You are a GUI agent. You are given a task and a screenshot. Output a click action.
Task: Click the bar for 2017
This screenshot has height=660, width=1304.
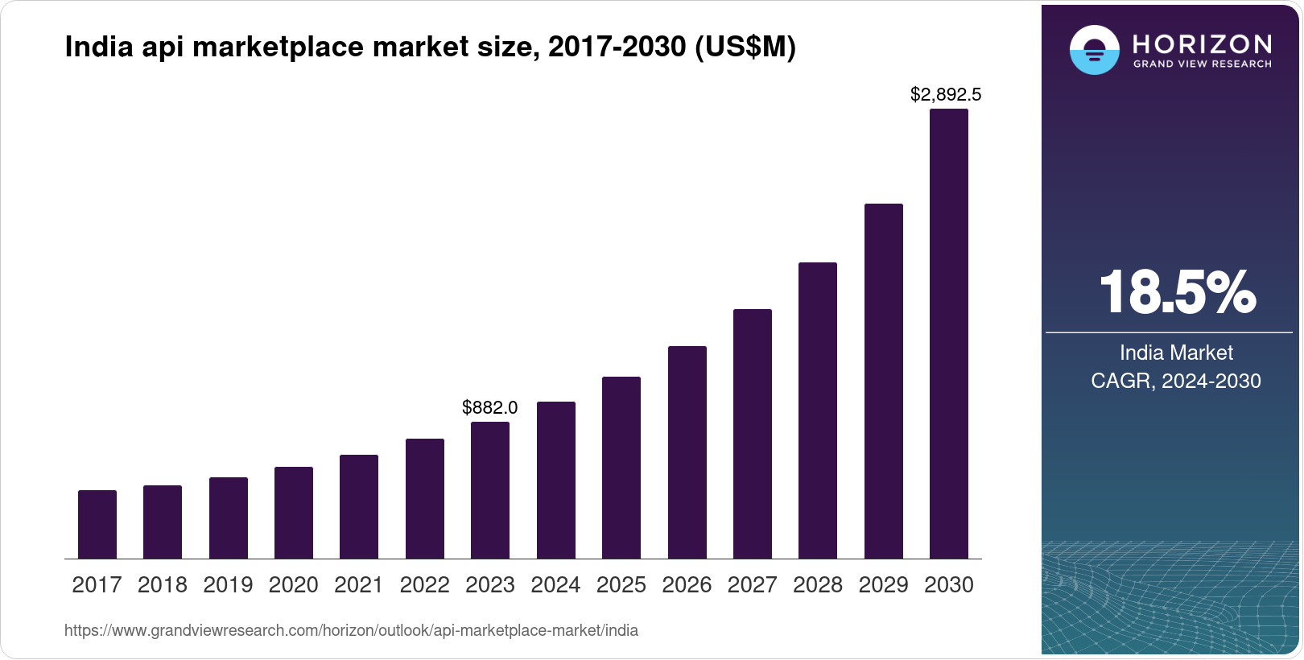[x=97, y=524]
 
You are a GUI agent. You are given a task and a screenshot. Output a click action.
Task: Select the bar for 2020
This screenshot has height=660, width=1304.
[x=294, y=513]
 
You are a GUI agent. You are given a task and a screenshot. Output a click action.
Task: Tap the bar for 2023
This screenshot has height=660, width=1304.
[x=490, y=490]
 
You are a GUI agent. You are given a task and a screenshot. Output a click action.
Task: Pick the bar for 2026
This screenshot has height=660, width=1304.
[x=687, y=452]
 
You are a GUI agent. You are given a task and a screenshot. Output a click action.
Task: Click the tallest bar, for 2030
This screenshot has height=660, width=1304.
[x=949, y=334]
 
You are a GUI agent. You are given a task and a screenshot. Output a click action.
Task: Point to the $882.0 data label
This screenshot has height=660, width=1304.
[x=489, y=407]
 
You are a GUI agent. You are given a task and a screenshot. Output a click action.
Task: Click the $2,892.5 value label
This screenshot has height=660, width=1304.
[x=946, y=95]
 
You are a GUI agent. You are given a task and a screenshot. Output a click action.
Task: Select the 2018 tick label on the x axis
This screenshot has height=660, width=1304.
[x=163, y=584]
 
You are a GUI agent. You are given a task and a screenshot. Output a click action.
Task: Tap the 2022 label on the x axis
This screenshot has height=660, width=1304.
[x=425, y=584]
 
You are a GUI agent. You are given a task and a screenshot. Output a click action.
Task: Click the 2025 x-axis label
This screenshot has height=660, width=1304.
[x=621, y=584]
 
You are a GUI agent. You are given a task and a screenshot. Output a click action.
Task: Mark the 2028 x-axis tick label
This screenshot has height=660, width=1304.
[x=818, y=584]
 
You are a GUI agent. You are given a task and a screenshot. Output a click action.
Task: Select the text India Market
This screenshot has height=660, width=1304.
[x=1176, y=353]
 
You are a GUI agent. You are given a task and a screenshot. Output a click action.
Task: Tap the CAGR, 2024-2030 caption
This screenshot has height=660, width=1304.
[x=1176, y=381]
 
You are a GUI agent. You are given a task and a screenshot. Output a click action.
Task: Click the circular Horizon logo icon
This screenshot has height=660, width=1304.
[x=1094, y=50]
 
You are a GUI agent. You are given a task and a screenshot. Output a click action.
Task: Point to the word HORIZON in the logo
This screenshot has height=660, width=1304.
[x=1203, y=43]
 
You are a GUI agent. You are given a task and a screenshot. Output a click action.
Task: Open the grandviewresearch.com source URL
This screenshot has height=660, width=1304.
[x=351, y=631]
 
